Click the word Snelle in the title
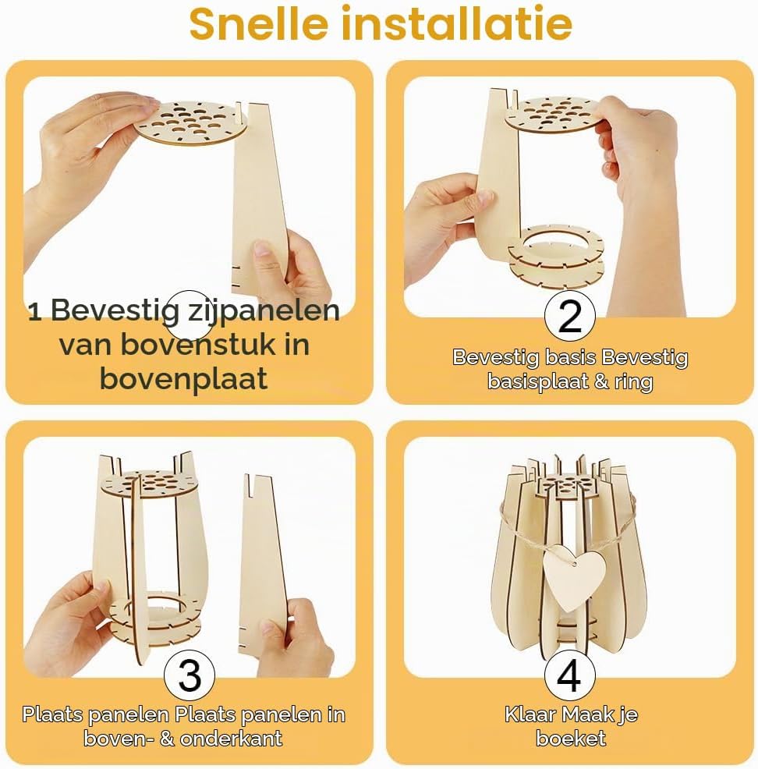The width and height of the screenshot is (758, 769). [258, 23]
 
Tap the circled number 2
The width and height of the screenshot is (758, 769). [570, 317]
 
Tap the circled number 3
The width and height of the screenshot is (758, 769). [189, 676]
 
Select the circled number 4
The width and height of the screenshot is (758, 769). [570, 676]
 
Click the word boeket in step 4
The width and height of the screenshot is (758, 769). [571, 738]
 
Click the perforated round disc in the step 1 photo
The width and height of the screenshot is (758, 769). [190, 122]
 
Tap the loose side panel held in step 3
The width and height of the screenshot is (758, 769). [263, 564]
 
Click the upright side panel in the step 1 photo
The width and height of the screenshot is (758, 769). [260, 197]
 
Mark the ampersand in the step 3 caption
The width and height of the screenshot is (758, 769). [167, 739]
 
